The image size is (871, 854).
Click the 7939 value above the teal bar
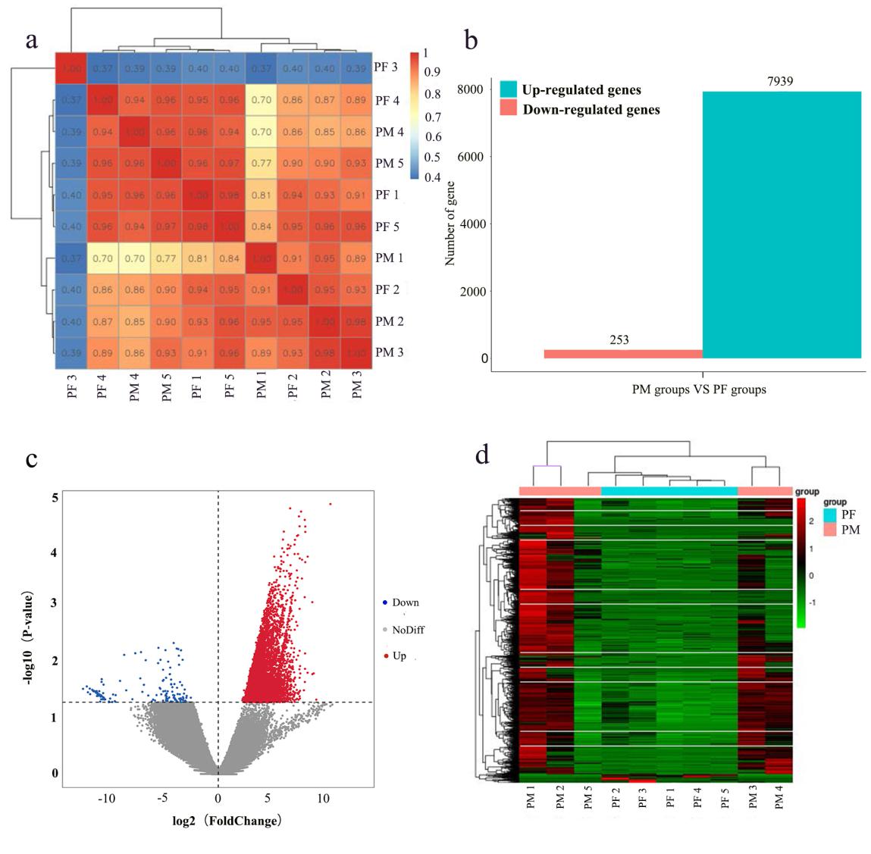[780, 80]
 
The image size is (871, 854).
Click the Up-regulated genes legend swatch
[508, 90]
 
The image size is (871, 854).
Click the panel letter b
[471, 39]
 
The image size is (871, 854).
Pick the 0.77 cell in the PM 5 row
[262, 164]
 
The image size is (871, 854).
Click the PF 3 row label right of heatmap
[386, 67]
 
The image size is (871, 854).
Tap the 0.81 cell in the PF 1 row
[262, 195]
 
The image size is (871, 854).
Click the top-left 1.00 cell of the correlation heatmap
[70, 68]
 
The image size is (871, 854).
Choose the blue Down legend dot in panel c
[385, 602]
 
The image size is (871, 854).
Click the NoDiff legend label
[408, 629]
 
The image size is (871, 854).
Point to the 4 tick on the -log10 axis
[54, 553]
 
